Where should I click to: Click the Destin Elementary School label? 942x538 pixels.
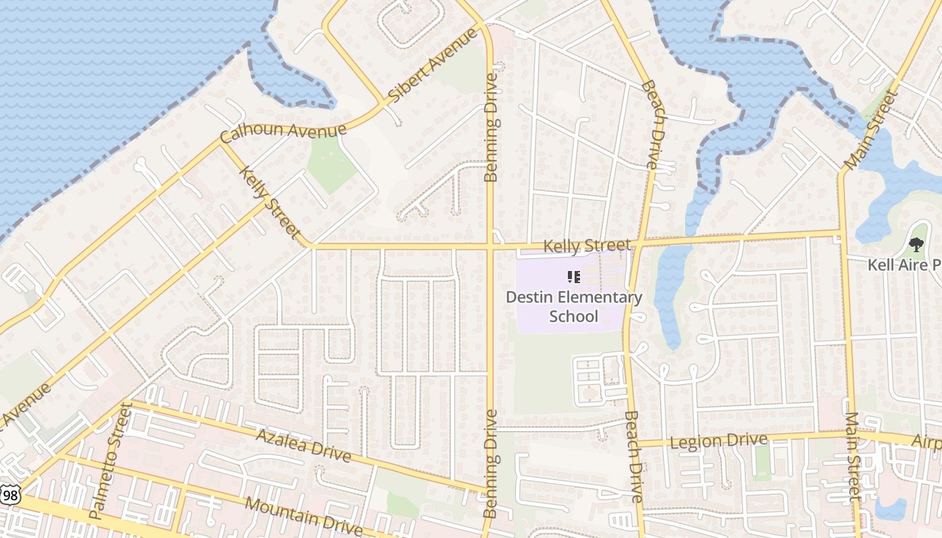574,307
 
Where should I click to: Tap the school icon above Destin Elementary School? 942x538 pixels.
574,277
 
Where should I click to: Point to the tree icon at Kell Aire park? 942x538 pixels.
916,245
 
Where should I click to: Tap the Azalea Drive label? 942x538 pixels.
303,445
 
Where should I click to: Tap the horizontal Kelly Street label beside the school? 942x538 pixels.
587,245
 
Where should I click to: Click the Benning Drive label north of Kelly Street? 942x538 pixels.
492,128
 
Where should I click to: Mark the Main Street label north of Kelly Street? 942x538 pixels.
871,129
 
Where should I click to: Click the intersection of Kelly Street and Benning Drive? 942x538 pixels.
490,247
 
